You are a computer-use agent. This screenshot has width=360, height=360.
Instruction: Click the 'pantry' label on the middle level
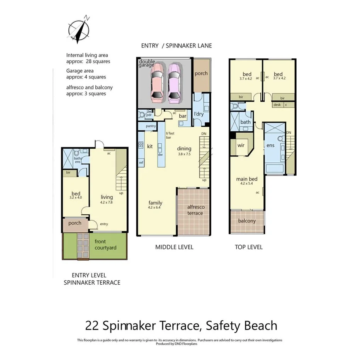click(151, 126)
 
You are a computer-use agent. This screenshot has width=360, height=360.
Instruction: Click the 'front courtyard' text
click(105, 245)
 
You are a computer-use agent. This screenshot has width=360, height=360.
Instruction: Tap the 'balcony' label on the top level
click(247, 221)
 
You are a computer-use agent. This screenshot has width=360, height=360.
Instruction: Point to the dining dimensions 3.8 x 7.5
click(184, 153)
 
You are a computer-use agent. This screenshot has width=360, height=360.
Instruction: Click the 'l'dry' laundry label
click(199, 114)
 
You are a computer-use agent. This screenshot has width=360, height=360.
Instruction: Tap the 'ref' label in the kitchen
click(141, 163)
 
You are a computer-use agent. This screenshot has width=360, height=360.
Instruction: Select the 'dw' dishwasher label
click(160, 155)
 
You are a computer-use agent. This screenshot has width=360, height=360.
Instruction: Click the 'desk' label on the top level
click(277, 105)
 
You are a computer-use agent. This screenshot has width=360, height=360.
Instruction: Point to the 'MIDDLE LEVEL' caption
click(174, 247)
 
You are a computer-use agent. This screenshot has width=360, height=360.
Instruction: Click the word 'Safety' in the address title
click(224, 325)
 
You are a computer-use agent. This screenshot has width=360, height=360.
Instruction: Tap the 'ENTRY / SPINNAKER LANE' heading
click(176, 46)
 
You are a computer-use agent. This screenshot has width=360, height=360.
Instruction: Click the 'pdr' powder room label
click(149, 115)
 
